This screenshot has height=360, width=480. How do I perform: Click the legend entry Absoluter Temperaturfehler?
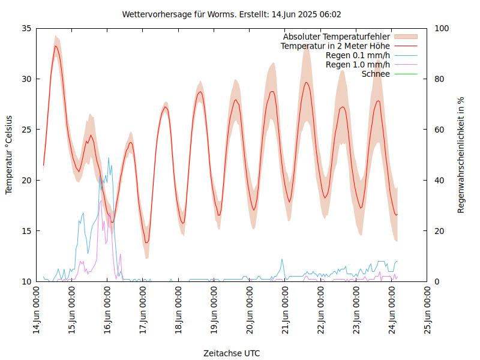[337, 37]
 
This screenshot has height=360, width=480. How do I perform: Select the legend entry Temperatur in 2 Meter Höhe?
[335, 46]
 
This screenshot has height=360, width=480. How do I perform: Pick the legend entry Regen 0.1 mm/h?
[358, 55]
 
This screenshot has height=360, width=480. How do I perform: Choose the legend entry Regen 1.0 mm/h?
[358, 64]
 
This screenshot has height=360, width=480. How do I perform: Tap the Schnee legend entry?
[376, 74]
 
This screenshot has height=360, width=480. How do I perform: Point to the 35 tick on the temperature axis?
[26, 28]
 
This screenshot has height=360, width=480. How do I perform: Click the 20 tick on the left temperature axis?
[26, 180]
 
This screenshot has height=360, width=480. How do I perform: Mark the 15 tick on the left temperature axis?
[26, 231]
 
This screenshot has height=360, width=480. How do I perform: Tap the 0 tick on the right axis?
[436, 281]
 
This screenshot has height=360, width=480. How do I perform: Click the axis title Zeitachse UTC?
[232, 353]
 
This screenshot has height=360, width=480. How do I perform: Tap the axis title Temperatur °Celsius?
[9, 155]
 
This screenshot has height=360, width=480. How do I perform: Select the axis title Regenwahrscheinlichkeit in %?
[461, 155]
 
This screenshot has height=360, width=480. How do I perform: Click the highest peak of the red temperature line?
[56, 46]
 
